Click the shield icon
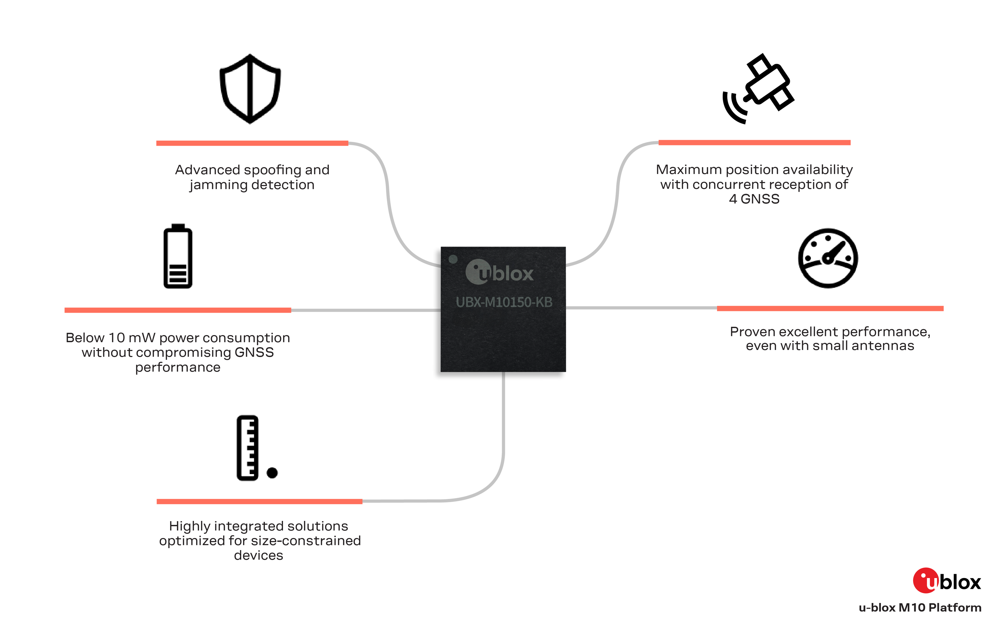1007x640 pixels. pos(250,89)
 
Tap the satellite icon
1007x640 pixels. pos(758,89)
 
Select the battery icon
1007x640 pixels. pos(178,256)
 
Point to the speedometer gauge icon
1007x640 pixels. pos(828,258)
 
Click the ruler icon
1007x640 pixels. pos(248,448)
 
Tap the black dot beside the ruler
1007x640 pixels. pos(272,473)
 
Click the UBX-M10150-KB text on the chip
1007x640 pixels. pos(504,302)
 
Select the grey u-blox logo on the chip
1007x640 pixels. pos(499,272)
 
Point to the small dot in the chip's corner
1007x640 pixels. pos(453,259)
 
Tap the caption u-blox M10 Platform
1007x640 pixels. pos(920,607)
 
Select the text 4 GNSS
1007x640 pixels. pos(754,199)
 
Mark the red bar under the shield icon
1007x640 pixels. pos(252,143)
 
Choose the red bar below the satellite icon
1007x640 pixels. pos(754,143)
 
